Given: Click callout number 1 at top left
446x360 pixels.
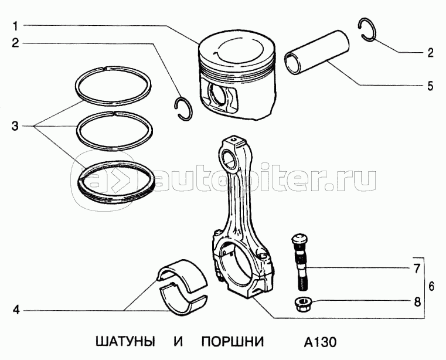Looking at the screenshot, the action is pyautogui.click(x=16, y=26).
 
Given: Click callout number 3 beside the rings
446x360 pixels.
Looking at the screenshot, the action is pyautogui.click(x=15, y=126).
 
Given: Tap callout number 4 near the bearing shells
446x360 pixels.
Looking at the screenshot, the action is pyautogui.click(x=16, y=310).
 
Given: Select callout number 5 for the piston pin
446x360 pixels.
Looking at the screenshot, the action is pyautogui.click(x=430, y=86).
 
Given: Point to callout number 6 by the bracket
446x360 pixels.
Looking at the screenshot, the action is pyautogui.click(x=431, y=286).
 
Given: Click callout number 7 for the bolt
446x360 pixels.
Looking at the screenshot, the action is pyautogui.click(x=417, y=269).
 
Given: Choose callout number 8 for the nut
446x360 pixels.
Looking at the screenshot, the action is pyautogui.click(x=417, y=302).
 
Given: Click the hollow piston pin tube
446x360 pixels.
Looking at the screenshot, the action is pyautogui.click(x=316, y=52).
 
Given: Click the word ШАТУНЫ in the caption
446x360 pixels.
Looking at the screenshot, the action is pyautogui.click(x=125, y=341).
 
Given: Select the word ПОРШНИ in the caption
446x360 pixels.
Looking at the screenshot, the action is pyautogui.click(x=233, y=341).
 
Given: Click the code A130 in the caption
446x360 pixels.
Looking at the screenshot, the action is pyautogui.click(x=320, y=342).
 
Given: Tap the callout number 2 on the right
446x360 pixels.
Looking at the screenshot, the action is pyautogui.click(x=430, y=53).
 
